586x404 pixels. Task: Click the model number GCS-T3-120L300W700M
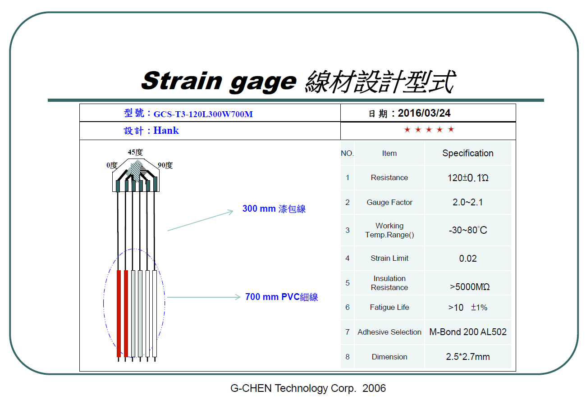coord(203,114)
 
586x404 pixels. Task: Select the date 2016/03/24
coord(424,113)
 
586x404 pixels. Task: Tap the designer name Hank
coord(166,131)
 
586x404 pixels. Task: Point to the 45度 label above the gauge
coord(135,152)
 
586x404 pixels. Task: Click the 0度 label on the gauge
coord(112,165)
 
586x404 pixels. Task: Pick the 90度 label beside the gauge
coord(165,165)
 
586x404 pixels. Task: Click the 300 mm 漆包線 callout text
coord(274,209)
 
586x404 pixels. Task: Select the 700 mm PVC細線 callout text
coord(281,297)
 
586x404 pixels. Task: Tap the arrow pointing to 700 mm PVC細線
coord(204,297)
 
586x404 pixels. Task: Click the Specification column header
coord(468,153)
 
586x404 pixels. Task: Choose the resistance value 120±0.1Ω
coord(468,178)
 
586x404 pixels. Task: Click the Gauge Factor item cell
coord(389,202)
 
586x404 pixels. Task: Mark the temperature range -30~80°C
coord(468,230)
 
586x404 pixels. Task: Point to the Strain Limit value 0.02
coord(468,259)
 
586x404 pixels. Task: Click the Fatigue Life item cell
coord(389,307)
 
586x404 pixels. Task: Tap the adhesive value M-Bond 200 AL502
coord(468,332)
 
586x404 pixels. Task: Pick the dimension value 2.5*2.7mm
coord(468,357)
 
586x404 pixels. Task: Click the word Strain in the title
coord(182,81)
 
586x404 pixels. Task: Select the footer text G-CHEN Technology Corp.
coord(293,388)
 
